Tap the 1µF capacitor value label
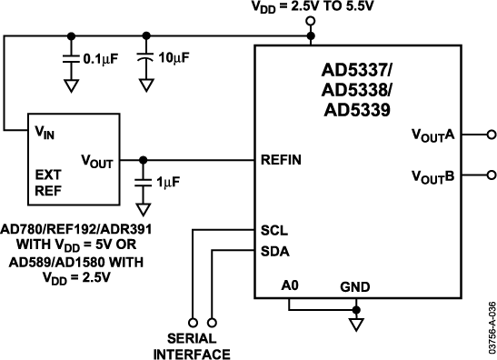[169, 182]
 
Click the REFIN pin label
[281, 159]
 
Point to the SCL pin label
[273, 232]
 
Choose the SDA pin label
[274, 251]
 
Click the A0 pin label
[288, 287]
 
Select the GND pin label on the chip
[355, 287]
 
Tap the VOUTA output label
[432, 135]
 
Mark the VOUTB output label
[432, 175]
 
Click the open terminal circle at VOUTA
[491, 135]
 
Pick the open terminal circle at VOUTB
[491, 175]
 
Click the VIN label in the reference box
[45, 131]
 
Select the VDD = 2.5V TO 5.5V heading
[311, 7]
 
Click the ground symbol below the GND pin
[356, 322]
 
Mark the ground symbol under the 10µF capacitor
[145, 87]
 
